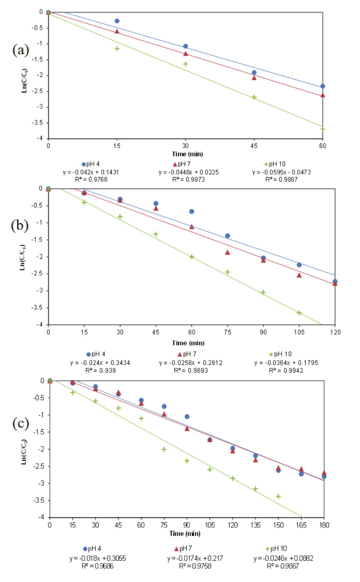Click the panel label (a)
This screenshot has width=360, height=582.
pos(20,50)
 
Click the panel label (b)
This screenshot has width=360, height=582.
pos(20,225)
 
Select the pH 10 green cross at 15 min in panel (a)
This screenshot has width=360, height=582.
pos(117,48)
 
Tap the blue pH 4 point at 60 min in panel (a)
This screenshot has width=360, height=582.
pos(323,86)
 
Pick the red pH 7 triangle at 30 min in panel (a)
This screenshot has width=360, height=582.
pos(186,54)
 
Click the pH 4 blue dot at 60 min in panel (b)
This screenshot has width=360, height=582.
pos(191,212)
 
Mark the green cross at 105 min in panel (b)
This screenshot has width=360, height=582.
pos(299,313)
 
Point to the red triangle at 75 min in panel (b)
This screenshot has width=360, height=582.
pos(227,253)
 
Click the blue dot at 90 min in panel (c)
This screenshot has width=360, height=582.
pos(187,417)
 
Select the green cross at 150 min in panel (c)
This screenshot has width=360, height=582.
pos(278,496)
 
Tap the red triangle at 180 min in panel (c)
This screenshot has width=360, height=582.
pos(324,473)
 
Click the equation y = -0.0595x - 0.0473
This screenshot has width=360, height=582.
pos(281,172)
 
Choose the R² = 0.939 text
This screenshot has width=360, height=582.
pos(100,370)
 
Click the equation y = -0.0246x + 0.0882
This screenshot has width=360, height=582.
pos(283,558)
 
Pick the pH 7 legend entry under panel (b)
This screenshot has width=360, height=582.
pos(187,354)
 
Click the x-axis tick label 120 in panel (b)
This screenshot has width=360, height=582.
pos(335,332)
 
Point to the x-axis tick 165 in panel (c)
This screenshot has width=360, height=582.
pos(301,525)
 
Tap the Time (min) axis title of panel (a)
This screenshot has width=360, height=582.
pos(187,154)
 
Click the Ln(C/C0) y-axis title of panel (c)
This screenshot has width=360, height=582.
pos(24,452)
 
